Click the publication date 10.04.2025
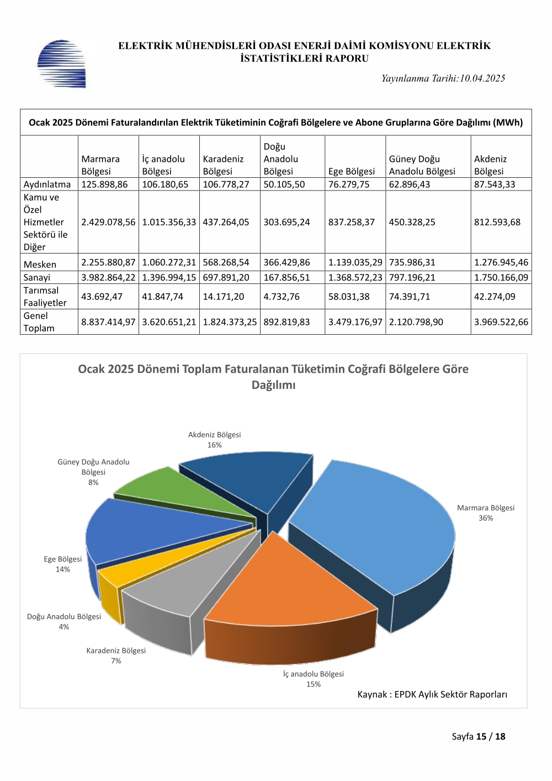coord(482,78)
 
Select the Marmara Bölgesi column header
coord(100,165)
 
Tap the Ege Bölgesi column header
coord(351,171)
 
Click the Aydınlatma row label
coord(47,184)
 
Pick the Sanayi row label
coord(37,277)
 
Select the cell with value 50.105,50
coord(284,184)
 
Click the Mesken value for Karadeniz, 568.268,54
coord(226,262)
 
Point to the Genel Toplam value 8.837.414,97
coord(108,322)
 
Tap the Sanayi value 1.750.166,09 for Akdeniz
coord(501,277)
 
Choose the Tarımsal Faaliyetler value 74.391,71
coord(410,297)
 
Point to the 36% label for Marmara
coord(485,518)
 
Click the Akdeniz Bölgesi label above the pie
coord(214,435)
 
